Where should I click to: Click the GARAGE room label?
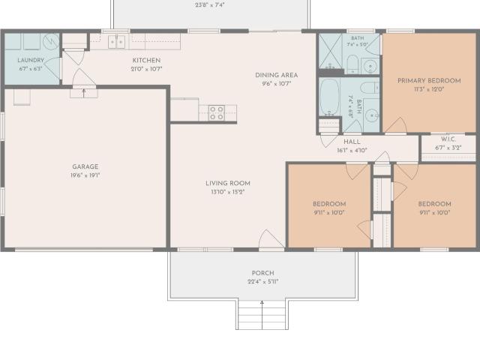coord(85,166)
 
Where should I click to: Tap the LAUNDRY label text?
coord(31,60)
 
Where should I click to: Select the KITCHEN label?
coord(146,60)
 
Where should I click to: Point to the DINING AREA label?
coord(277,75)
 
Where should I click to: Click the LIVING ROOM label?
coord(228,183)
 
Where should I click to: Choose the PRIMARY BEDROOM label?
coord(429,81)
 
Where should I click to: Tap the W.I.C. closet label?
coord(448,139)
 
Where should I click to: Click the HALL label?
coord(352,142)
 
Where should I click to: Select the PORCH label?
coord(263,273)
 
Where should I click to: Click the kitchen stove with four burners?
coord(217,113)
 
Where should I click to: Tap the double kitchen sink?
coord(117,42)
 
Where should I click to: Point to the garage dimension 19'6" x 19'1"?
coord(85,175)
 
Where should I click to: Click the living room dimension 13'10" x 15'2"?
coord(228,192)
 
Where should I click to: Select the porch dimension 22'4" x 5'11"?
coord(263,282)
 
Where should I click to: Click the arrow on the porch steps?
coord(262,315)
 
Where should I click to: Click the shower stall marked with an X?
coord(330,51)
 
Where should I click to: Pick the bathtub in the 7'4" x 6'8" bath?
coord(329,97)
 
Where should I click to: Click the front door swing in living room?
coord(271,238)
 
